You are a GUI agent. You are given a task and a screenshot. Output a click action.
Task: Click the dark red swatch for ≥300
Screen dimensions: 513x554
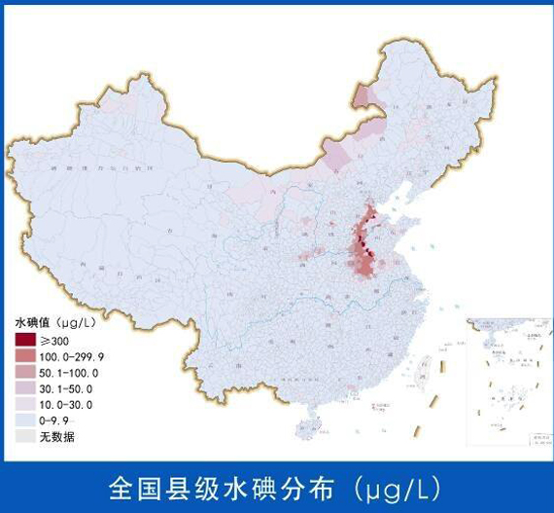(x=24, y=341)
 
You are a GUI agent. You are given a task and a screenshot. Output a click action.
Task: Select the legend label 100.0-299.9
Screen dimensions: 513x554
(x=72, y=356)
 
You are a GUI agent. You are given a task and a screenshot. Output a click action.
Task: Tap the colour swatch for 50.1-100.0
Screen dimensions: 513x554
(x=24, y=372)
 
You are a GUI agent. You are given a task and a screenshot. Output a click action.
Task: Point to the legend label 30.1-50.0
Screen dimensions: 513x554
(x=66, y=388)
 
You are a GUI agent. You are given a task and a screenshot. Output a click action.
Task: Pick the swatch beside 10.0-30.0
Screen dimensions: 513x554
(x=24, y=404)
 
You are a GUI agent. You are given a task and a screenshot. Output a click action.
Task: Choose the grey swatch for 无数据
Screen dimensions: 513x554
(x=24, y=435)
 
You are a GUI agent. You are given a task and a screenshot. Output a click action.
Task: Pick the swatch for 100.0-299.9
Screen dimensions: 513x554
(x=24, y=356)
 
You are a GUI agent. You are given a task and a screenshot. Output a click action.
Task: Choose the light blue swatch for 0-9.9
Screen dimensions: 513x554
(x=24, y=420)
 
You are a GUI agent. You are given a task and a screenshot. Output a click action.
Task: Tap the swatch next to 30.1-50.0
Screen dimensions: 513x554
(x=24, y=388)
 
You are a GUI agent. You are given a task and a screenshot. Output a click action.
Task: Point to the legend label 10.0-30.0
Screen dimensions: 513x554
(x=66, y=404)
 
